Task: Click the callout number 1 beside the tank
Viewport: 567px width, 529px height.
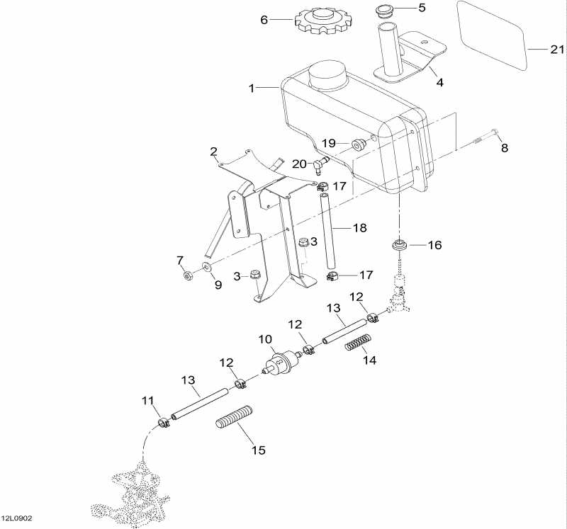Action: [251, 89]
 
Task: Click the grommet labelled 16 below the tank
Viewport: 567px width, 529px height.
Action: [400, 246]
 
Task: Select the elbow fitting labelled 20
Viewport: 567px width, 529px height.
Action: [320, 165]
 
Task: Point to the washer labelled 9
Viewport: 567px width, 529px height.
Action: [206, 267]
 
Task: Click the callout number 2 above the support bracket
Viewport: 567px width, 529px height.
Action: [213, 151]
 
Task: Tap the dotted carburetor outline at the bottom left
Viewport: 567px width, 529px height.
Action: [135, 492]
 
